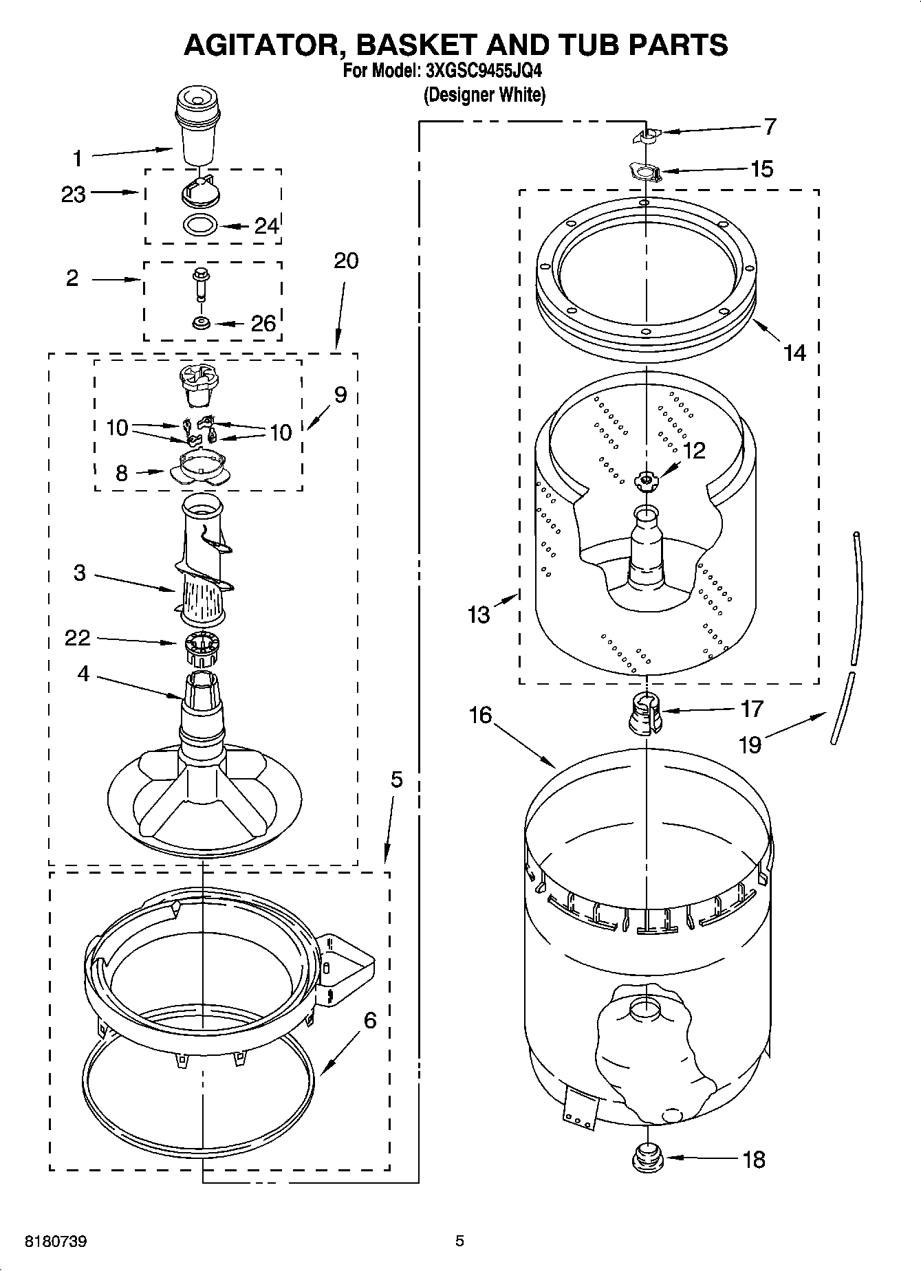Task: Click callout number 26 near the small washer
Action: click(x=263, y=323)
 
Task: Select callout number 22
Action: click(x=77, y=638)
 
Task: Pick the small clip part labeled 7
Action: click(x=646, y=136)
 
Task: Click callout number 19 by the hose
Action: click(x=750, y=744)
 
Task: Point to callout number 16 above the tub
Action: click(x=481, y=715)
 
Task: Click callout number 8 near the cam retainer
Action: click(x=121, y=473)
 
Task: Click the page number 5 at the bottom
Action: click(x=459, y=1241)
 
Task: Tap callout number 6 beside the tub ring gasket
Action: click(x=370, y=1021)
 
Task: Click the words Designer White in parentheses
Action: click(x=485, y=95)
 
